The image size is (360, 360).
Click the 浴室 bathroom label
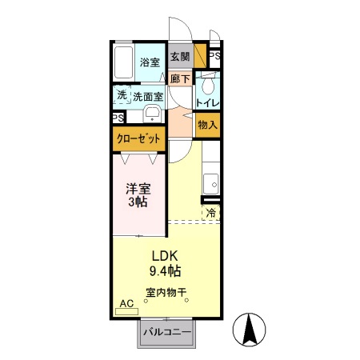click(150, 62)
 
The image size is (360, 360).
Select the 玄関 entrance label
click(180, 58)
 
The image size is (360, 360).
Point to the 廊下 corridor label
click(180, 78)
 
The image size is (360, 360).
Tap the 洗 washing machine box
click(122, 94)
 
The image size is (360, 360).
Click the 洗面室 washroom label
click(148, 97)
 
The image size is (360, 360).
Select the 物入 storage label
click(207, 125)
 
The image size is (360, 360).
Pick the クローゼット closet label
click(139, 138)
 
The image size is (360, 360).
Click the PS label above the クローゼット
click(118, 118)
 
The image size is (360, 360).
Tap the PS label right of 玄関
click(214, 57)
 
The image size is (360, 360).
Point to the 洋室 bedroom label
click(138, 190)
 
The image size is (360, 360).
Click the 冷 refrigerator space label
click(211, 213)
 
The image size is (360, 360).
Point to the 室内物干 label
click(166, 293)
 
